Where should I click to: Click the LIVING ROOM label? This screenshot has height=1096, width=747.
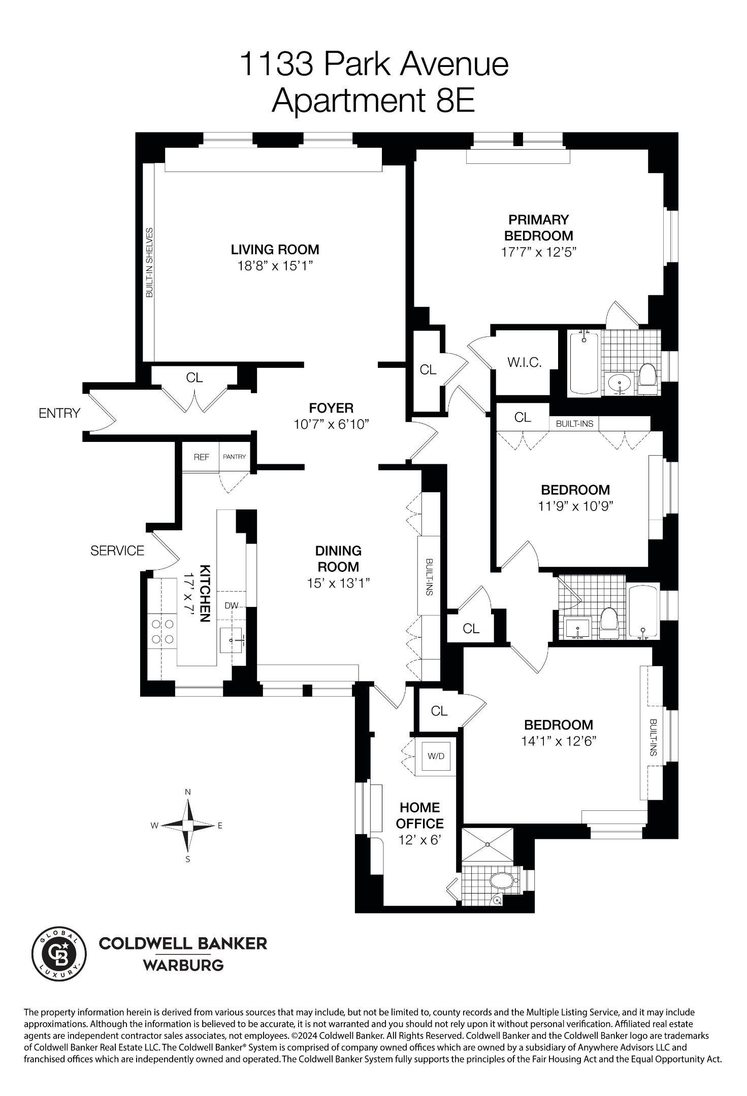pos(275,250)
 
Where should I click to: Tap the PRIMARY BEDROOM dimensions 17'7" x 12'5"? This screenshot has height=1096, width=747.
pos(539,252)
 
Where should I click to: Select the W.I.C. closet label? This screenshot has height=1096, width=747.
pos(525,362)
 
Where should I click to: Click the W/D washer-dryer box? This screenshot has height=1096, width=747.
pos(436,756)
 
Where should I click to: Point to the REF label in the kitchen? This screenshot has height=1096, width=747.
pos(201,457)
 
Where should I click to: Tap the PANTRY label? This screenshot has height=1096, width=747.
pos(234,457)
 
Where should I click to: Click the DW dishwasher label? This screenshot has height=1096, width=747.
pos(232,605)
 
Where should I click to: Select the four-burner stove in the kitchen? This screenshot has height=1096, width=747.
pos(163,631)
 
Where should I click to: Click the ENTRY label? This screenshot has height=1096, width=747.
pos(59,413)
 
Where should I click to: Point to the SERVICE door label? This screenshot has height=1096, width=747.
pos(117,551)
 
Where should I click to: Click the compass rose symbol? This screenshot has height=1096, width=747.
pos(188,826)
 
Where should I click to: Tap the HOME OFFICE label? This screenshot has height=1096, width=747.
pos(419,815)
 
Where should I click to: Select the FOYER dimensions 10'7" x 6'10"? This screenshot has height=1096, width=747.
pos(331,424)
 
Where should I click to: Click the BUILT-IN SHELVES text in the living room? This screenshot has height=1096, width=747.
pos(149,262)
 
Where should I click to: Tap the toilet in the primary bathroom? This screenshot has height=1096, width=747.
pos(647,375)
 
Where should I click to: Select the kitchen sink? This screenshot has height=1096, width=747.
pos(231,640)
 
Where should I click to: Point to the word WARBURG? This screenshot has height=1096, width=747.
pos(183,965)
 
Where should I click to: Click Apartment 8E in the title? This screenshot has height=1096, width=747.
pos(373,100)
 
